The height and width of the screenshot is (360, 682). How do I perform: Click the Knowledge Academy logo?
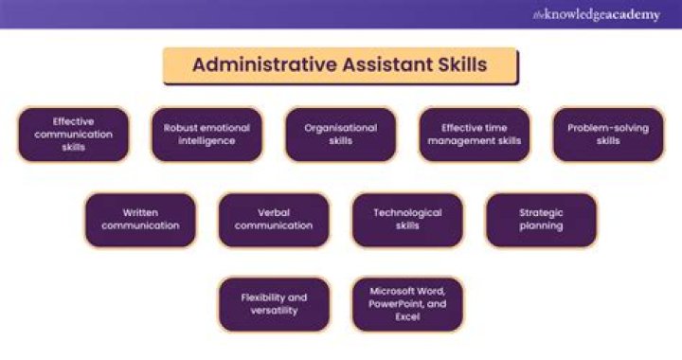point(597,15)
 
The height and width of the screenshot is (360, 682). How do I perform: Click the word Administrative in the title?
point(264,64)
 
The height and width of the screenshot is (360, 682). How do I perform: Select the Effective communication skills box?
point(74,135)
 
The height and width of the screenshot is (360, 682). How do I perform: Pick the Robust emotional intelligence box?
point(207,135)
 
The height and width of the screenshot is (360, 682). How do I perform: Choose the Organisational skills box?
point(341,135)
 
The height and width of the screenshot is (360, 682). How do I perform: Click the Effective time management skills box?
point(475,135)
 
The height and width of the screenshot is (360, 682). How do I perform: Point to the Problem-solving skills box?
point(608,135)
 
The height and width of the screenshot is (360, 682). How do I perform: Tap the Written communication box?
point(140,220)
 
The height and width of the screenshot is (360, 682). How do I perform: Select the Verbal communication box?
point(274,220)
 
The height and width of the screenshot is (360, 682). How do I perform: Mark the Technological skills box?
point(407,220)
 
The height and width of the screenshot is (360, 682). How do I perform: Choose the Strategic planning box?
point(541,220)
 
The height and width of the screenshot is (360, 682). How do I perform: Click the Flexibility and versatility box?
point(274,304)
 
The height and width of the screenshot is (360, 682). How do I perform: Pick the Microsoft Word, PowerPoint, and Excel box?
point(407,304)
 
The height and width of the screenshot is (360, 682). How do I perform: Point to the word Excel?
point(407,317)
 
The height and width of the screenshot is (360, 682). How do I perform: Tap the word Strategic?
point(541,213)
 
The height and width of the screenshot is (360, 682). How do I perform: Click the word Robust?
point(179,128)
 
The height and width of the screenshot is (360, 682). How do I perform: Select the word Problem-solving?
point(608,128)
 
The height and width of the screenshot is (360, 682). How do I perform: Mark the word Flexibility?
point(261,298)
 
